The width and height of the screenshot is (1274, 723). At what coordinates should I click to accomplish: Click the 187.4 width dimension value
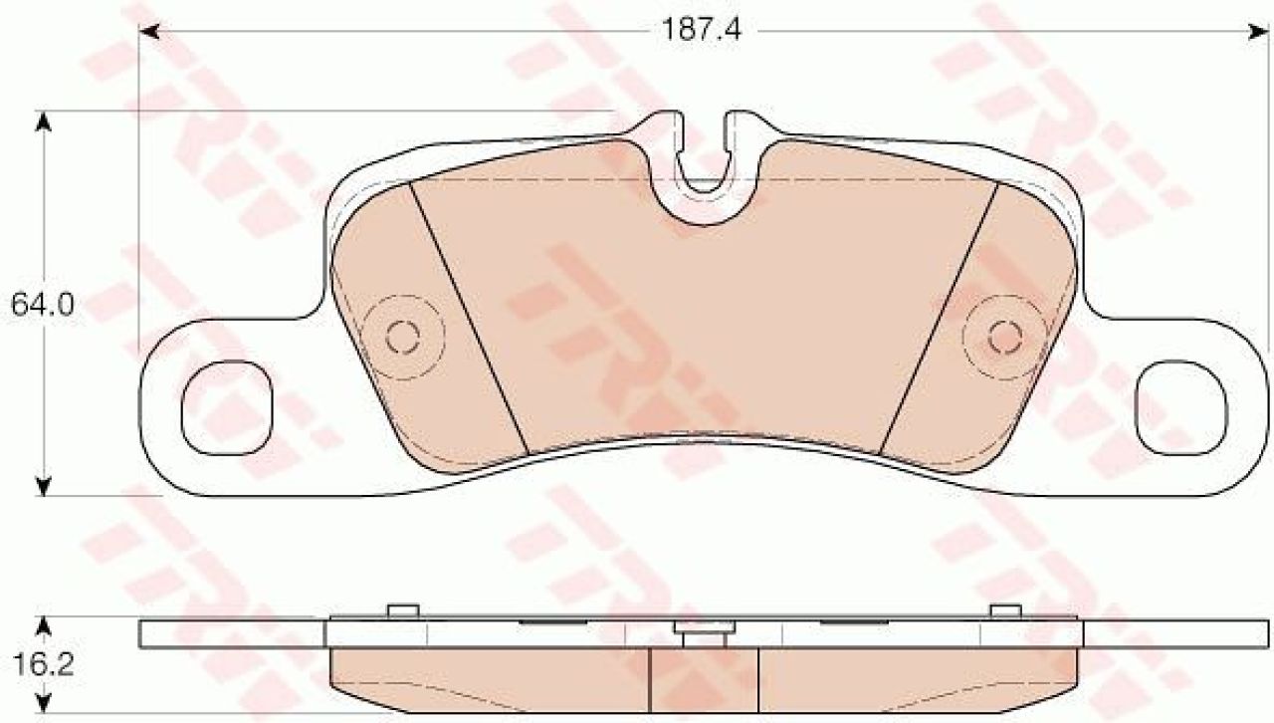[x=703, y=30]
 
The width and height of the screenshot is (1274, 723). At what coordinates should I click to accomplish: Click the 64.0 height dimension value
[x=43, y=306]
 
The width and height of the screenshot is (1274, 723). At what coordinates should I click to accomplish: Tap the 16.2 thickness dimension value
[x=43, y=664]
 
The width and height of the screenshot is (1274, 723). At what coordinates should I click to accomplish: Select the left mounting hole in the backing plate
[x=227, y=407]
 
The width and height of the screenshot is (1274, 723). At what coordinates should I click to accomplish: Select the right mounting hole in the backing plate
[x=1180, y=407]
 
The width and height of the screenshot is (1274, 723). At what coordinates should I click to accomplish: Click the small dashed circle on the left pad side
[x=403, y=337]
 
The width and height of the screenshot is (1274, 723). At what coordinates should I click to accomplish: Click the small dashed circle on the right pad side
[x=1005, y=337]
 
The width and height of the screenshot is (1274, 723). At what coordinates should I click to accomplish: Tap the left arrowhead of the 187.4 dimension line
[x=149, y=31]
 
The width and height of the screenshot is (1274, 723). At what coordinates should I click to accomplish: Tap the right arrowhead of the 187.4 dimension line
[x=1258, y=31]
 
